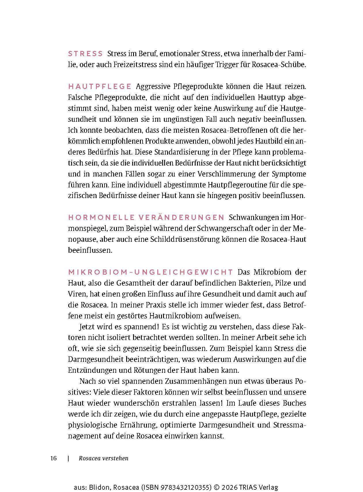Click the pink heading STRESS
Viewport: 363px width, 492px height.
click(85, 54)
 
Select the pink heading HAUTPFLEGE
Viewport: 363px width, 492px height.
click(100, 86)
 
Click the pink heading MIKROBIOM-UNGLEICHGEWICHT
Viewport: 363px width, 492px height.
click(150, 272)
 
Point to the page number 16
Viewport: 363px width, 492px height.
click(53, 458)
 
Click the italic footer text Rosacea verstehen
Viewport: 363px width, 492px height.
click(103, 458)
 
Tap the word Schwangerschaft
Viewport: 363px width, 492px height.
click(225, 228)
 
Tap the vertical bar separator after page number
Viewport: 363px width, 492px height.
click(68, 458)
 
